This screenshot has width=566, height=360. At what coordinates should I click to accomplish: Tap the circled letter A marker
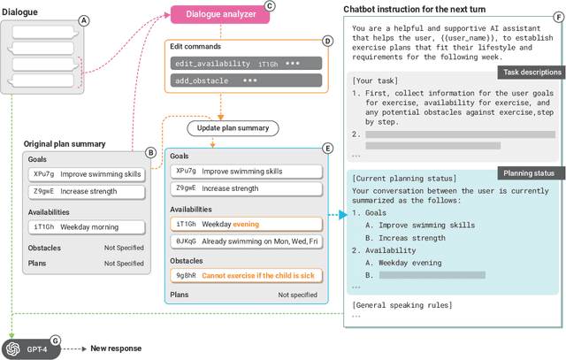[83, 20]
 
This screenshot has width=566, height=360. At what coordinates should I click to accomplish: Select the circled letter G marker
[55, 340]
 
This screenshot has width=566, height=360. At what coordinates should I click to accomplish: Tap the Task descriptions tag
[528, 72]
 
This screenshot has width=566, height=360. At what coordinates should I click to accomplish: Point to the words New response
[116, 349]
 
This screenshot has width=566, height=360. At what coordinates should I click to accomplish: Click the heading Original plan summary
[65, 143]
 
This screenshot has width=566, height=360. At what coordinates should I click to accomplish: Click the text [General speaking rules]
[401, 305]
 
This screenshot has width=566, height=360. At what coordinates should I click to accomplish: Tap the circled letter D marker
[327, 41]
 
